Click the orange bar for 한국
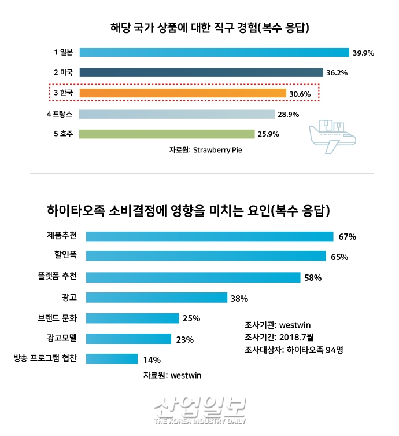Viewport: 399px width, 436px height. [x=183, y=93]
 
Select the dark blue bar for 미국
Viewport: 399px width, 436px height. [x=201, y=73]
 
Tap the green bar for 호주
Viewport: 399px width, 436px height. [x=167, y=134]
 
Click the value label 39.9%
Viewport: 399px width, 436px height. [x=363, y=53]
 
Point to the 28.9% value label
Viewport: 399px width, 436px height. [x=288, y=115]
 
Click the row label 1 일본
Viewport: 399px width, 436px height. [x=63, y=52]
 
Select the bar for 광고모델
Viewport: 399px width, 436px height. [x=129, y=339]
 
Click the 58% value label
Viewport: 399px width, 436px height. [x=312, y=278]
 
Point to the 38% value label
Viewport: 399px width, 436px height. [x=239, y=299]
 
